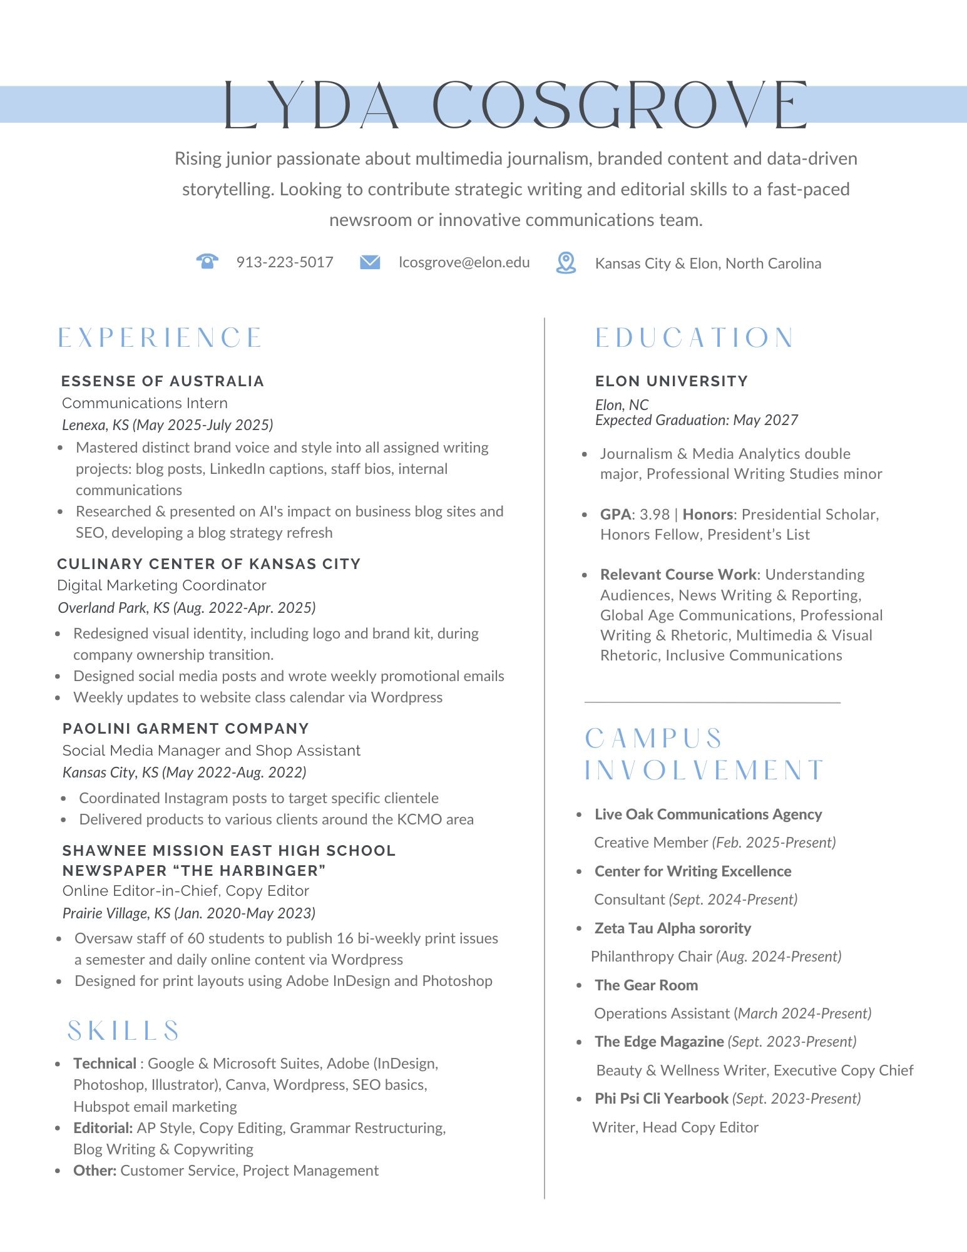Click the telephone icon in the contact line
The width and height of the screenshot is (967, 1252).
tap(207, 261)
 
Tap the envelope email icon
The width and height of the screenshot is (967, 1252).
tap(370, 262)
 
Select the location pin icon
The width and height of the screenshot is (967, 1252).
tap(566, 263)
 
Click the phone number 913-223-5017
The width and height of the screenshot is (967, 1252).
tap(285, 262)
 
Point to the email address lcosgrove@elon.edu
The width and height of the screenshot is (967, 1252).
tap(464, 262)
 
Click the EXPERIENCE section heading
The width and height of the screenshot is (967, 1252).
tap(160, 338)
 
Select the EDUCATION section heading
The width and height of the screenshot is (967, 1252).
tap(694, 338)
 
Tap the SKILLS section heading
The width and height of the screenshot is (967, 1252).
tap(123, 1031)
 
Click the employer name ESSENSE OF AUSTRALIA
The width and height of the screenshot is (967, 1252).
tap(163, 381)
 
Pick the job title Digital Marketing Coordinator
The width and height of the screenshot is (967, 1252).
tap(161, 585)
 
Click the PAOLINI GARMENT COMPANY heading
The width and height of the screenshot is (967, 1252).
tap(186, 729)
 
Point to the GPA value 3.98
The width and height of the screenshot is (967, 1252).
tap(655, 515)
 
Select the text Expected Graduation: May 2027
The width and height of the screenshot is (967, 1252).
tap(696, 420)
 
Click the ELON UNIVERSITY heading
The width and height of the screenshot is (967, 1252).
tap(672, 381)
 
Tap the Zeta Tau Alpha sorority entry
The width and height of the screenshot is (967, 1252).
tap(673, 928)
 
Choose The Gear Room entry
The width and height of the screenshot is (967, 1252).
tap(646, 985)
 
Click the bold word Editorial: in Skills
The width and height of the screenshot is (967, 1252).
tap(103, 1128)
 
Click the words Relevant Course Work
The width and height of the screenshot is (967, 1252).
tap(678, 575)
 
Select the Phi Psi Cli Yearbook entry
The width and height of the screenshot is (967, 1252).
tap(661, 1099)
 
